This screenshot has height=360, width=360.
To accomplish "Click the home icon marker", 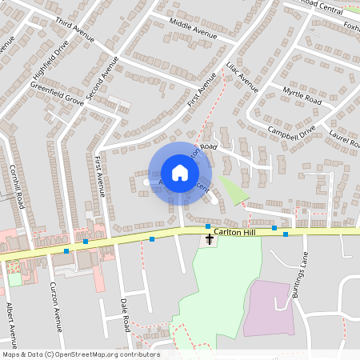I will click(x=179, y=173).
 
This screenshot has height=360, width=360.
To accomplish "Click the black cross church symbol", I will click(x=210, y=238).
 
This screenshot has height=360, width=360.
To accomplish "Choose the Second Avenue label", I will click(x=102, y=78).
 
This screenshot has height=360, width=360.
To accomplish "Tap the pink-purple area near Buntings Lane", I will click(x=268, y=308).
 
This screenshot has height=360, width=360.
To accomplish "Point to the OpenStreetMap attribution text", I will click(x=80, y=354).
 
